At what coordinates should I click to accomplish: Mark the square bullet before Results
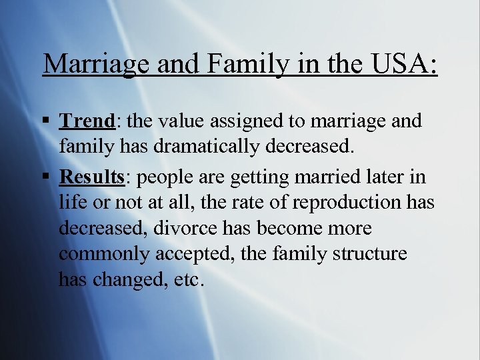pos(45,176)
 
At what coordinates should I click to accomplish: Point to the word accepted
pos(191,255)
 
